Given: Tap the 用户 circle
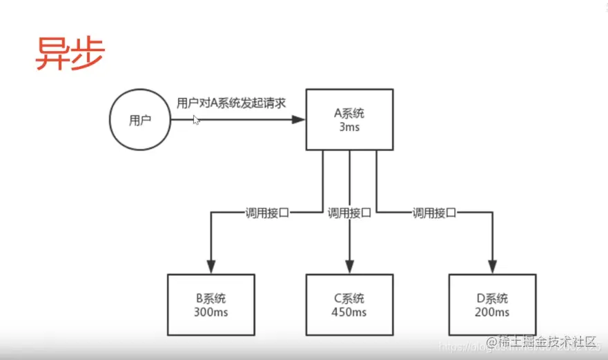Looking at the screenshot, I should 140,120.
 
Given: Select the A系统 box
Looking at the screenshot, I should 350,119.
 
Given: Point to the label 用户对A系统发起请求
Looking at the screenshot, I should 231,103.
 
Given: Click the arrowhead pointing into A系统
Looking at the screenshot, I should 298,120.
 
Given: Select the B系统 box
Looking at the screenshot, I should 210,304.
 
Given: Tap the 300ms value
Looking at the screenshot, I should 210,312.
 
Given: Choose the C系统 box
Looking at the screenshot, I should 349,304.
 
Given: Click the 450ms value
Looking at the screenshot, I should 349,312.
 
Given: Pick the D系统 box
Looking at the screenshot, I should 492,304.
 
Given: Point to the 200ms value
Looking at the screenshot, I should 492,312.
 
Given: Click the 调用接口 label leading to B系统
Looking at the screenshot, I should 267,213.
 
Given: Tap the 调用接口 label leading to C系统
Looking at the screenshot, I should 350,213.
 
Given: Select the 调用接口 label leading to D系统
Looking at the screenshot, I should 434,213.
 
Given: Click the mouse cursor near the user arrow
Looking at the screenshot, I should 196,120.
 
